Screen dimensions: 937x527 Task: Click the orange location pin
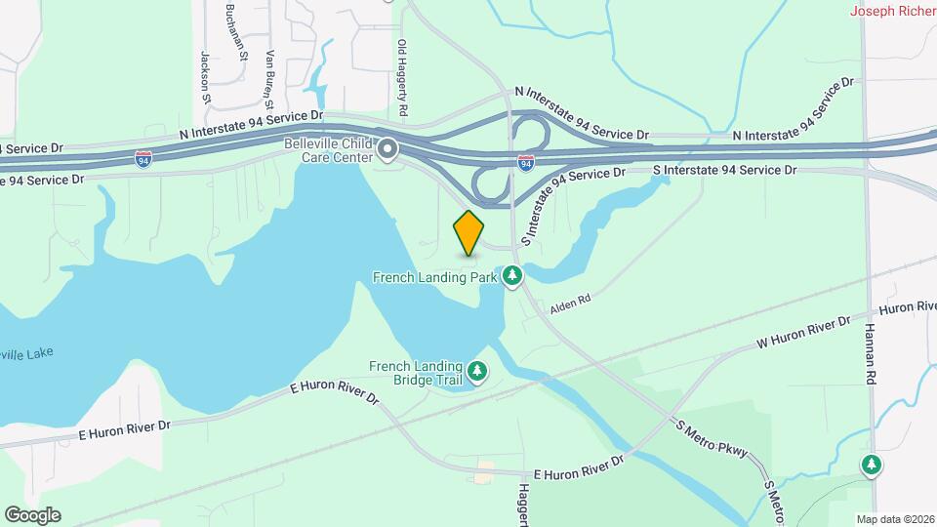pyautogui.click(x=468, y=233)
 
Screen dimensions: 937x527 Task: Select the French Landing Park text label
pyautogui.click(x=435, y=277)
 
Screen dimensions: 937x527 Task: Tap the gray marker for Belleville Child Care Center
pyautogui.click(x=388, y=150)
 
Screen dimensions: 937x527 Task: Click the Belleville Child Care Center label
pyautogui.click(x=328, y=150)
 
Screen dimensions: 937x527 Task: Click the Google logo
pyautogui.click(x=32, y=514)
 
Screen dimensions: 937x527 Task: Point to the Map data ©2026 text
pyautogui.click(x=895, y=519)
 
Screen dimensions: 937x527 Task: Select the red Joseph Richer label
pyautogui.click(x=893, y=12)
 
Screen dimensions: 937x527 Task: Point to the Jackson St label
pyautogui.click(x=206, y=76)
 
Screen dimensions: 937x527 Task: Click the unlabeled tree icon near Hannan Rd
pyautogui.click(x=871, y=466)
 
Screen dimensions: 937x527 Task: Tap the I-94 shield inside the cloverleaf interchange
pyautogui.click(x=526, y=163)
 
